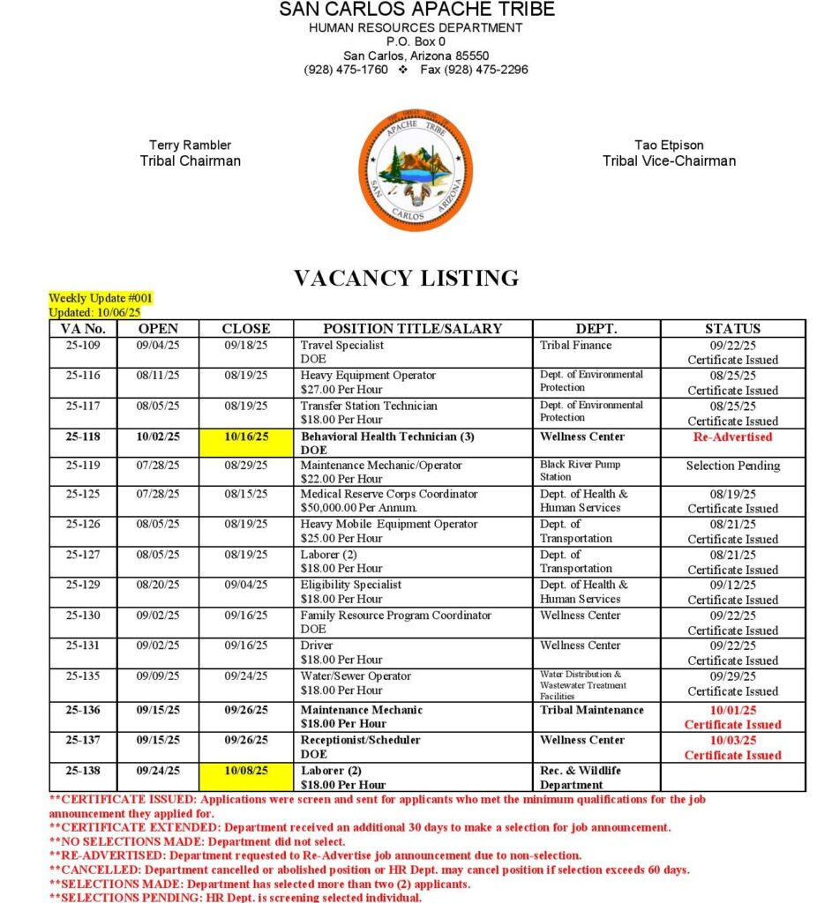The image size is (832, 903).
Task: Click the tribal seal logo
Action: coord(416,170)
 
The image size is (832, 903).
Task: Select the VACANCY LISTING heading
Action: coord(406,279)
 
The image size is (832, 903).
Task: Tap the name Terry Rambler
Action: coord(190,145)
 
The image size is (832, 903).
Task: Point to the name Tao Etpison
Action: coord(669,145)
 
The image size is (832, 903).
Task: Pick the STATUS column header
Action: coord(732,329)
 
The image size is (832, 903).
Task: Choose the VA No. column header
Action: coord(83,329)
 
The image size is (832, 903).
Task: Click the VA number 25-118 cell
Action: coord(83,437)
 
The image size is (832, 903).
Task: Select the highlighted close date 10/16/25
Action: coord(246,437)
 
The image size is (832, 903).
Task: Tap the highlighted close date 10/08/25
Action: coord(246,770)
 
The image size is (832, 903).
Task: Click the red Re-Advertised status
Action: coord(732,437)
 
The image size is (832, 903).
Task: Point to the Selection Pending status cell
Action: coord(732,466)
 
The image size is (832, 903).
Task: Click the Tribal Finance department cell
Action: coord(575,346)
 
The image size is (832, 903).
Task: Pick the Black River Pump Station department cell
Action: coord(580,471)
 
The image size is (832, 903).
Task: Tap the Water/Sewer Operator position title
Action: coord(356,676)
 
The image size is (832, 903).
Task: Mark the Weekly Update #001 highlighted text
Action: coord(101,299)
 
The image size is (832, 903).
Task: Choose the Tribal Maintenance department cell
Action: coord(592,710)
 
